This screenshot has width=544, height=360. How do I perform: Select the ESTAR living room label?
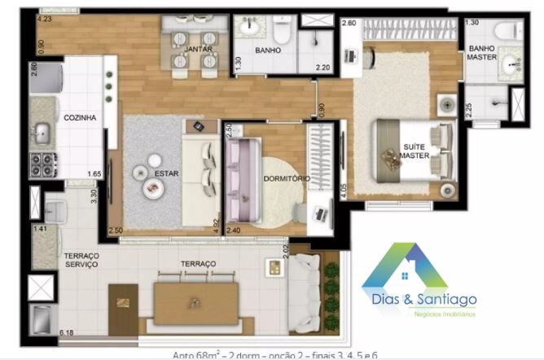[166, 173]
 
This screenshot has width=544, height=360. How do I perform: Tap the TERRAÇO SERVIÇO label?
[81, 261]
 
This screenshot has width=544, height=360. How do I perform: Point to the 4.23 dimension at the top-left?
[45, 18]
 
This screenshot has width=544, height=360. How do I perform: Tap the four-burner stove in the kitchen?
[42, 166]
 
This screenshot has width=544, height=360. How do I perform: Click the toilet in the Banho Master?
[511, 31]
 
